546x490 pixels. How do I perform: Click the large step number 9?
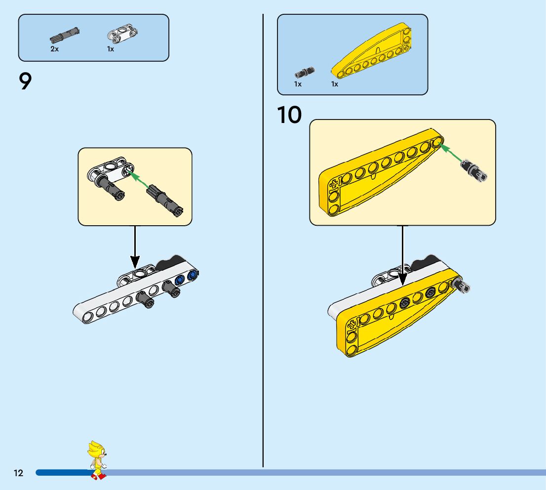coord(25,82)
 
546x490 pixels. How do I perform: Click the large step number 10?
coord(289,115)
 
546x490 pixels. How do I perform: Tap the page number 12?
coord(18,473)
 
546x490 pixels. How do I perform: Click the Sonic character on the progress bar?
coord(97,460)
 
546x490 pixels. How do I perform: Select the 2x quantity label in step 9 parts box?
coord(54,49)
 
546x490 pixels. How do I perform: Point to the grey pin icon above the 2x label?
coord(65,35)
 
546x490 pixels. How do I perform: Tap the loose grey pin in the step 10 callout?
coord(474,169)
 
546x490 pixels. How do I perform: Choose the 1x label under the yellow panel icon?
coord(335,84)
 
